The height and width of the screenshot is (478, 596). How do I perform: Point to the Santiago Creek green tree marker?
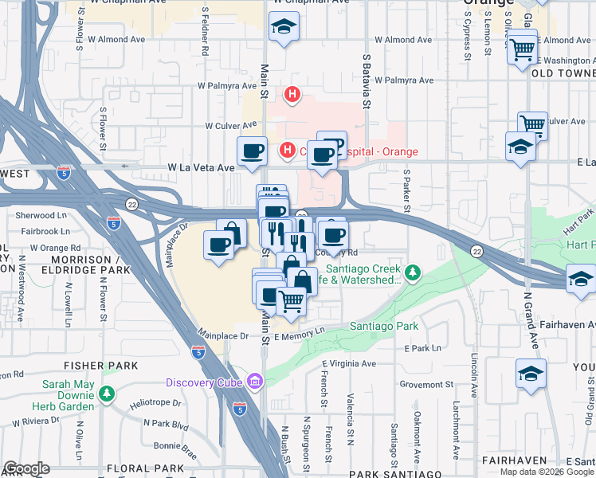[x=411, y=274]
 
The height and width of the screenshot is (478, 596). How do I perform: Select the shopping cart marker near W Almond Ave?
[x=522, y=49]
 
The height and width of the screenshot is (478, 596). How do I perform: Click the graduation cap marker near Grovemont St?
[x=531, y=374]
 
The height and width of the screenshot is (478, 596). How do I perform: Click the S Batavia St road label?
[x=367, y=80]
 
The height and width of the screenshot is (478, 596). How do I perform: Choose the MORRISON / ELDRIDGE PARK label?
[x=91, y=265]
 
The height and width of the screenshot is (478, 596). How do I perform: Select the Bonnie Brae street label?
[x=175, y=445]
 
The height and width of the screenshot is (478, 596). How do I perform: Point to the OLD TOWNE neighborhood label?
[x=563, y=73]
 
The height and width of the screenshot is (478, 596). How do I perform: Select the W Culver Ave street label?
[x=231, y=125]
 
